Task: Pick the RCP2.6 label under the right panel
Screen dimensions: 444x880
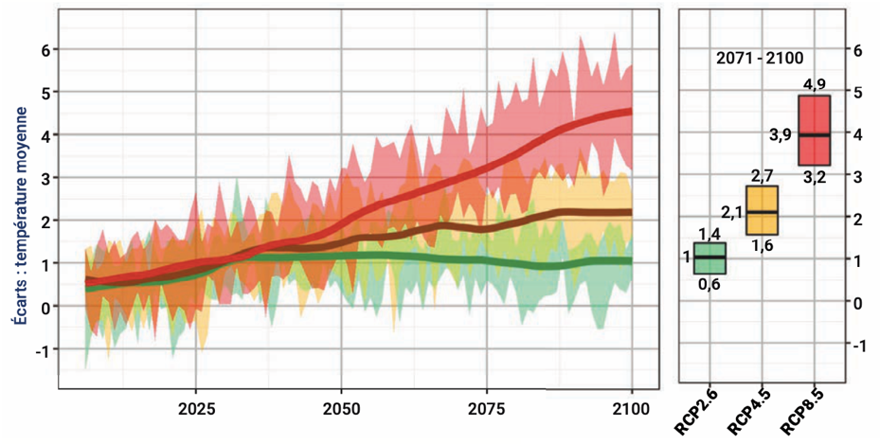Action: point(694,413)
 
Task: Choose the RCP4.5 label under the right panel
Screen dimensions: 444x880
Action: point(747,413)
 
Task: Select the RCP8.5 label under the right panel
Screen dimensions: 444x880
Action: point(800,413)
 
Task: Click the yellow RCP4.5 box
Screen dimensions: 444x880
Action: point(763,210)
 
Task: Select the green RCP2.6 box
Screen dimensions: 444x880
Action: point(710,258)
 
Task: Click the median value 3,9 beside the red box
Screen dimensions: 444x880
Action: point(780,135)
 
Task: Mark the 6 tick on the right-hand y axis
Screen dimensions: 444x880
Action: point(857,49)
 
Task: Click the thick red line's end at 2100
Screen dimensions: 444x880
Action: point(630,112)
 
